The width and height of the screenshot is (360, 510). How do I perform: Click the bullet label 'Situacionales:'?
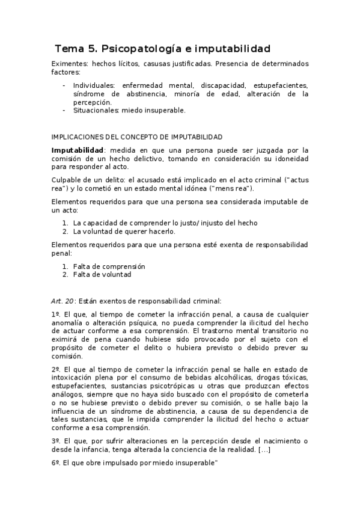(x=96, y=110)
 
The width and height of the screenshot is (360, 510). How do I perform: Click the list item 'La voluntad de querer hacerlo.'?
(x=124, y=231)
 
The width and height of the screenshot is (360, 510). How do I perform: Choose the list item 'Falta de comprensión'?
(x=109, y=266)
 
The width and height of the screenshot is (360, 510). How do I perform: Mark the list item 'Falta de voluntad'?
(x=102, y=274)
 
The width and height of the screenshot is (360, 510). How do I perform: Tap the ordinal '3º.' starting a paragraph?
(x=56, y=440)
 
